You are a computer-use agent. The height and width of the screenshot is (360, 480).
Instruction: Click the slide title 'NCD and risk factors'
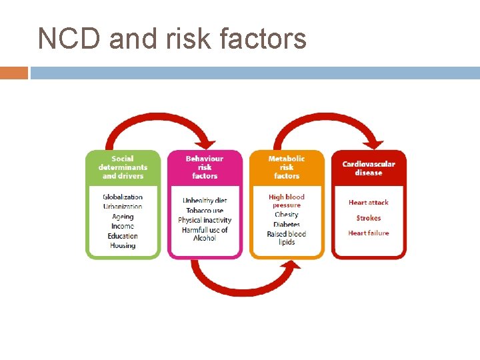click(172, 39)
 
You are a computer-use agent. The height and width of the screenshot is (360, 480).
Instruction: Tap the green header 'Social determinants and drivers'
click(123, 167)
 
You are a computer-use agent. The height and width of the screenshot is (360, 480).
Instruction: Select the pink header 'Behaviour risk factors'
click(205, 167)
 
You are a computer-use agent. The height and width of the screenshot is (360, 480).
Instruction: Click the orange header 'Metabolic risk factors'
click(287, 167)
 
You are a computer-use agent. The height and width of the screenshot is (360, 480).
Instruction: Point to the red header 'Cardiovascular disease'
click(369, 168)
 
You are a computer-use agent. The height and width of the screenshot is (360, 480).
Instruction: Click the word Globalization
click(123, 197)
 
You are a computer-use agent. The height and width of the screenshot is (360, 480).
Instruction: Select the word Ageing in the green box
click(123, 217)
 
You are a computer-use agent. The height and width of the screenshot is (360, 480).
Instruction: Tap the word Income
click(123, 227)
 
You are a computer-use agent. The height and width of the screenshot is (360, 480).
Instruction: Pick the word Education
click(123, 236)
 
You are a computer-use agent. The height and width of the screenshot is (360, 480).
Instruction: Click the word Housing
click(123, 245)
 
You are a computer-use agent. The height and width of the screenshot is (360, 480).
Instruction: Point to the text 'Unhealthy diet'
click(205, 201)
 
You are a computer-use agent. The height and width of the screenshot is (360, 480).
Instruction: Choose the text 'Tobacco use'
click(205, 211)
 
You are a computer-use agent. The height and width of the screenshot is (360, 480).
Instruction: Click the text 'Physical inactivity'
click(205, 220)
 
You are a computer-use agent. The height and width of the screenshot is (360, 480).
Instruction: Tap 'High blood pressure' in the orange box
click(287, 201)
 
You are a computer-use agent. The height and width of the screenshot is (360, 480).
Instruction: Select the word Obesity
click(287, 215)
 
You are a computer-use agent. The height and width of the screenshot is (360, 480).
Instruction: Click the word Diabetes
click(287, 225)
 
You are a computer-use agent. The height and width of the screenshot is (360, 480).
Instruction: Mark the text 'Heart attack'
click(369, 203)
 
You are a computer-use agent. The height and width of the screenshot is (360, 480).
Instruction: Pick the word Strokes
click(369, 218)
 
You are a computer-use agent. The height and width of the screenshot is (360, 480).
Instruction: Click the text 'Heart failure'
click(369, 233)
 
